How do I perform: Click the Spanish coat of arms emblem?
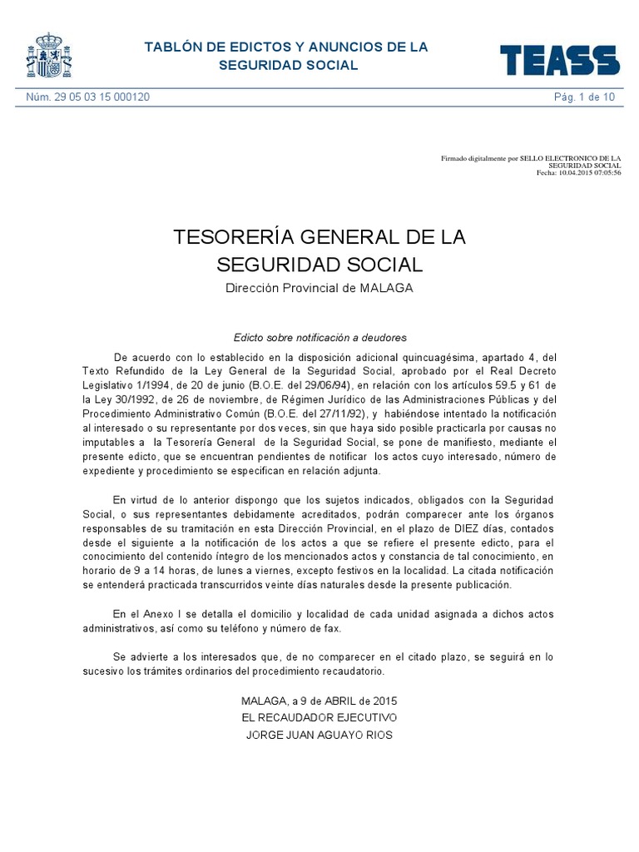click(50, 56)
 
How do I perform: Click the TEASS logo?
click(559, 60)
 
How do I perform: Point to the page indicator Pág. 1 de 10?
click(585, 97)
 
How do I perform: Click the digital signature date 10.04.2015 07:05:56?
click(592, 172)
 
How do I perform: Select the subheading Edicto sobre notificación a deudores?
click(319, 338)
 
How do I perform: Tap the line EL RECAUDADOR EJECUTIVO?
click(319, 717)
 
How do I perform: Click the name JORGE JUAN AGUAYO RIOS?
click(319, 735)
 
